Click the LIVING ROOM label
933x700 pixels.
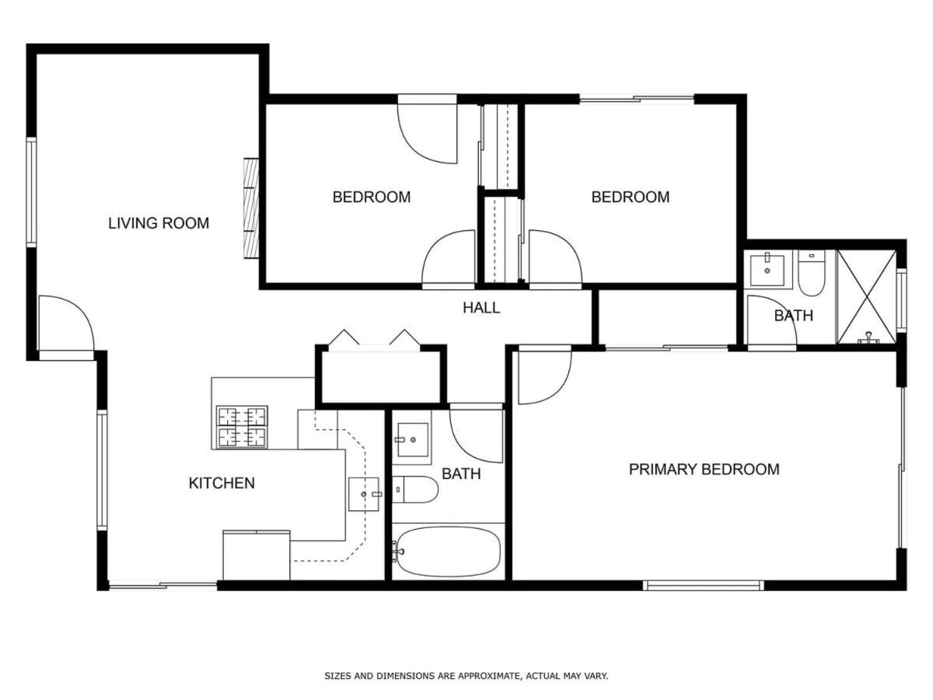(158, 223)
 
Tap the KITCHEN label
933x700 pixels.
(222, 483)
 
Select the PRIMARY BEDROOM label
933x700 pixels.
(704, 470)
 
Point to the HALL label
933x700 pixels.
(481, 308)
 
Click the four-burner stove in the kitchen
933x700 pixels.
(242, 427)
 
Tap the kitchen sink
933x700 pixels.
(364, 495)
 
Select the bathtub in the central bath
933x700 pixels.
(446, 551)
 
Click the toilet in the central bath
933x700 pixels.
(414, 489)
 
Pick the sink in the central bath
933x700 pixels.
(411, 440)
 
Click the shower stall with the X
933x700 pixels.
(866, 296)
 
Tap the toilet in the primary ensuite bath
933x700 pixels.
(811, 272)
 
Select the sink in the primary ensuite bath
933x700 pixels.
(767, 271)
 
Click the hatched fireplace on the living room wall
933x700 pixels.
(251, 208)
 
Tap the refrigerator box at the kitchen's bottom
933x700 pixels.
(257, 555)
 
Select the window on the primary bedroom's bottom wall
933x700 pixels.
(703, 586)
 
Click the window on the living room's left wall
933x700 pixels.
(31, 192)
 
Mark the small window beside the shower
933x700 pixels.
(902, 301)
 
